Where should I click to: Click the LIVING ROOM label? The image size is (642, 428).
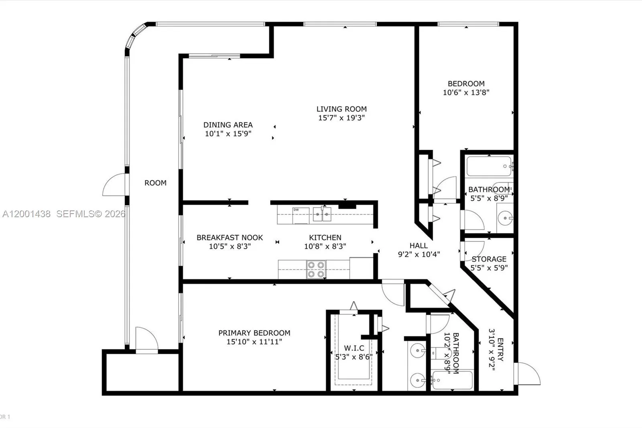tap(341, 109)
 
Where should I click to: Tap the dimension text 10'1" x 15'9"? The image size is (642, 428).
tap(228, 134)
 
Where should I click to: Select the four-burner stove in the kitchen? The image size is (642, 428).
tap(316, 269)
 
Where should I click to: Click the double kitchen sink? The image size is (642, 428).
tap(322, 214)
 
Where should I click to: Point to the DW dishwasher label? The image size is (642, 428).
tap(296, 210)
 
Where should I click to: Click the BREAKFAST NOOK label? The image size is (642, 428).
tap(230, 237)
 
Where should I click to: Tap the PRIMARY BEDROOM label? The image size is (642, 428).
tap(254, 333)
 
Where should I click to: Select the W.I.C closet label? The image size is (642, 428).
tap(354, 348)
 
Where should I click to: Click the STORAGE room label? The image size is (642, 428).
tap(489, 259)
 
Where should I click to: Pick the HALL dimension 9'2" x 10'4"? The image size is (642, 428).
tap(419, 254)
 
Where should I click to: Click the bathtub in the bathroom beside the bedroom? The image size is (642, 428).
tap(489, 166)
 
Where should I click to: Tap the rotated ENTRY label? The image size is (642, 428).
tap(500, 349)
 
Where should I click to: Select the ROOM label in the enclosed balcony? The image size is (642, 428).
tap(155, 183)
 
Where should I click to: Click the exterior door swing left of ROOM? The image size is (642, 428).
tap(114, 185)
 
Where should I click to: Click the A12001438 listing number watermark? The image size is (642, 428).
tap(26, 214)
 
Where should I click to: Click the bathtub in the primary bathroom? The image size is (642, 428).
tap(453, 380)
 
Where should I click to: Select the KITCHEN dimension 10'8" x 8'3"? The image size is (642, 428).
tap(325, 246)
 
